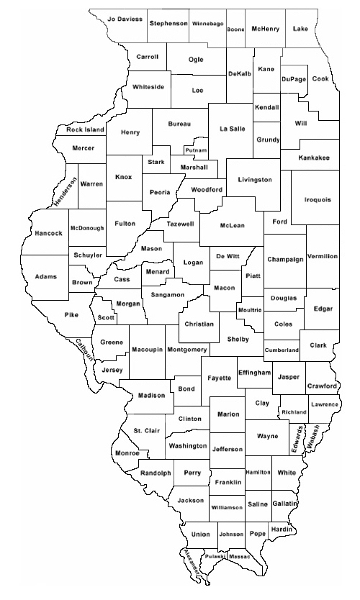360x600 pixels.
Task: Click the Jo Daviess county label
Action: [125, 19]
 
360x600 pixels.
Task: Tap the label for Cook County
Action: [320, 78]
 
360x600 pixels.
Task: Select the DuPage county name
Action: [294, 78]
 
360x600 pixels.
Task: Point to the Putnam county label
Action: [196, 150]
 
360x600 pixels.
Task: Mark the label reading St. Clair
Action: [147, 430]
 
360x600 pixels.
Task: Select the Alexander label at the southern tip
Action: [192, 565]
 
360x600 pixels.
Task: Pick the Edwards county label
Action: [299, 437]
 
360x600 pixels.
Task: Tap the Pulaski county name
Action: [215, 557]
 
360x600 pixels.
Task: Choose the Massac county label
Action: [240, 557]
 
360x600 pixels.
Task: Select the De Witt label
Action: [228, 256]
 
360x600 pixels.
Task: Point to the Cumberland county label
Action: [282, 350]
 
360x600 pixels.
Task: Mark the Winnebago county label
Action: [207, 24]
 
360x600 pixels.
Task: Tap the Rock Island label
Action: [85, 130]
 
